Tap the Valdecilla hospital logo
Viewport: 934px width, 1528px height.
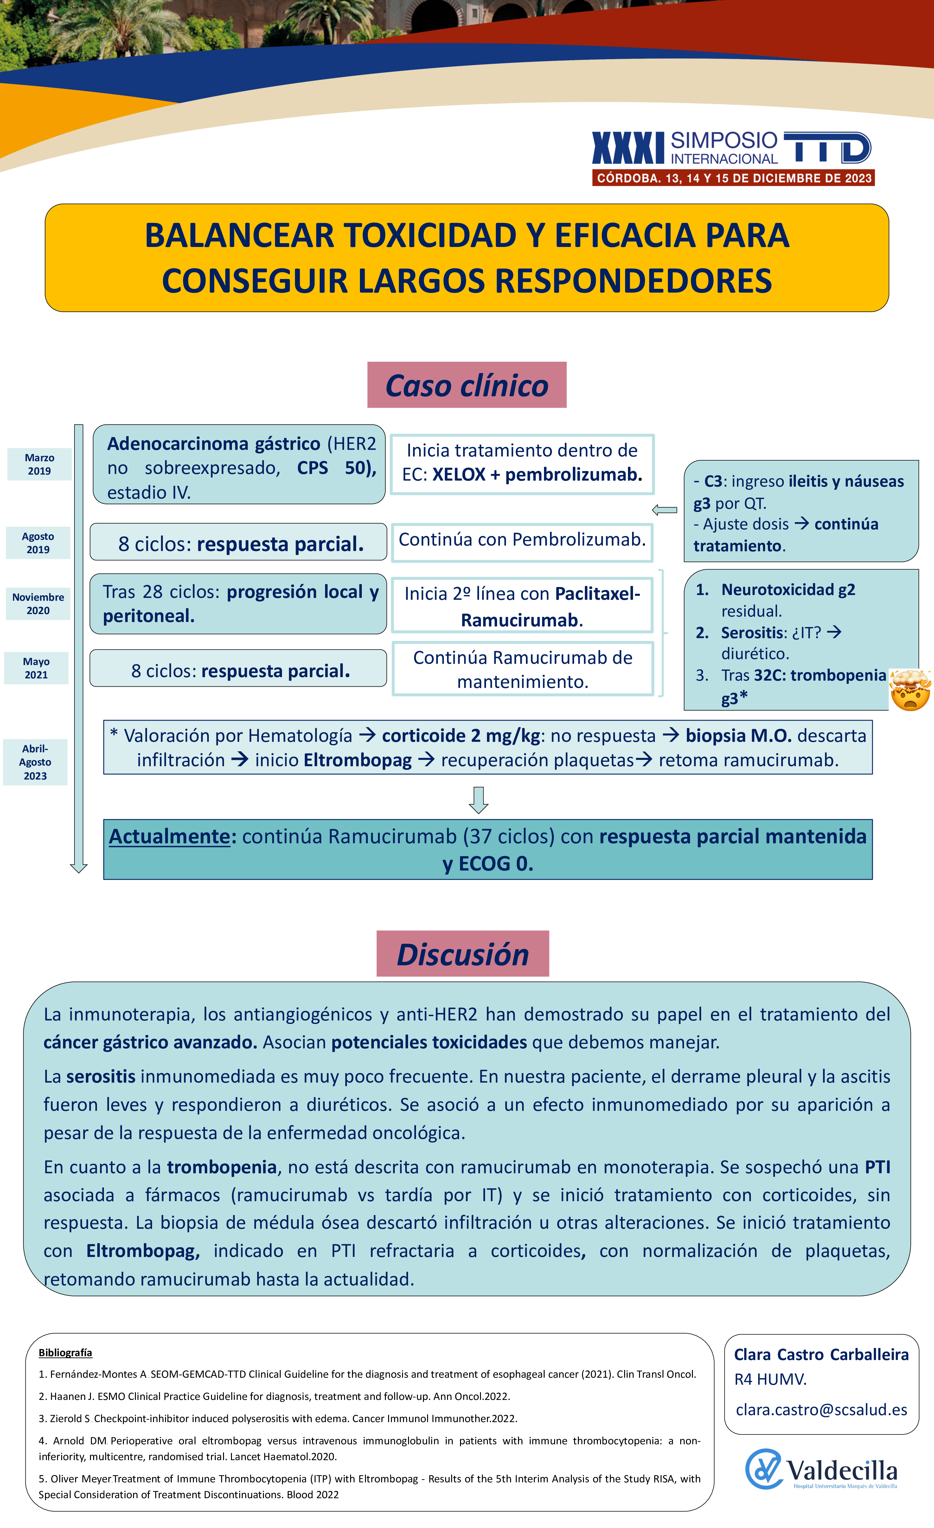tap(821, 1470)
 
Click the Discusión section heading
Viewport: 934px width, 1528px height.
tap(462, 954)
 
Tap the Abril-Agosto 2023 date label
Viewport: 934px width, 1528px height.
tap(35, 762)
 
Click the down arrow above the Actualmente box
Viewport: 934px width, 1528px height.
tap(478, 800)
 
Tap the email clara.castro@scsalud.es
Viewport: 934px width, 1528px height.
tap(821, 1409)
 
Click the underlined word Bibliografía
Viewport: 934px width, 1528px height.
tap(65, 1352)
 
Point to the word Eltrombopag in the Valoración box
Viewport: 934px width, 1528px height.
tap(358, 760)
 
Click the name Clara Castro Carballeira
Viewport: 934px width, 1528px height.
tap(821, 1354)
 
